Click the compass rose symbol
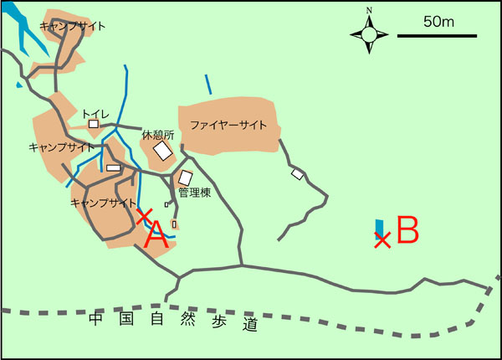(x=369, y=34)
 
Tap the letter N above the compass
(x=369, y=11)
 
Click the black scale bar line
(x=436, y=36)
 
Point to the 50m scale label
(x=438, y=22)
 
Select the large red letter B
(x=407, y=229)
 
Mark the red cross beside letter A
(x=143, y=216)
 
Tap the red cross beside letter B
(x=382, y=240)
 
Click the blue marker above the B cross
(x=380, y=226)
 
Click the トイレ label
(x=95, y=112)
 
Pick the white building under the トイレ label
(x=94, y=125)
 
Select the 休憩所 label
(x=157, y=135)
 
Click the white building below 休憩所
(x=162, y=152)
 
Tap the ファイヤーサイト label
(x=228, y=125)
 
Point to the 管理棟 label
(x=194, y=193)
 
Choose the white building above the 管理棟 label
(x=186, y=177)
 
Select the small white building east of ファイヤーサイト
(x=297, y=173)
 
